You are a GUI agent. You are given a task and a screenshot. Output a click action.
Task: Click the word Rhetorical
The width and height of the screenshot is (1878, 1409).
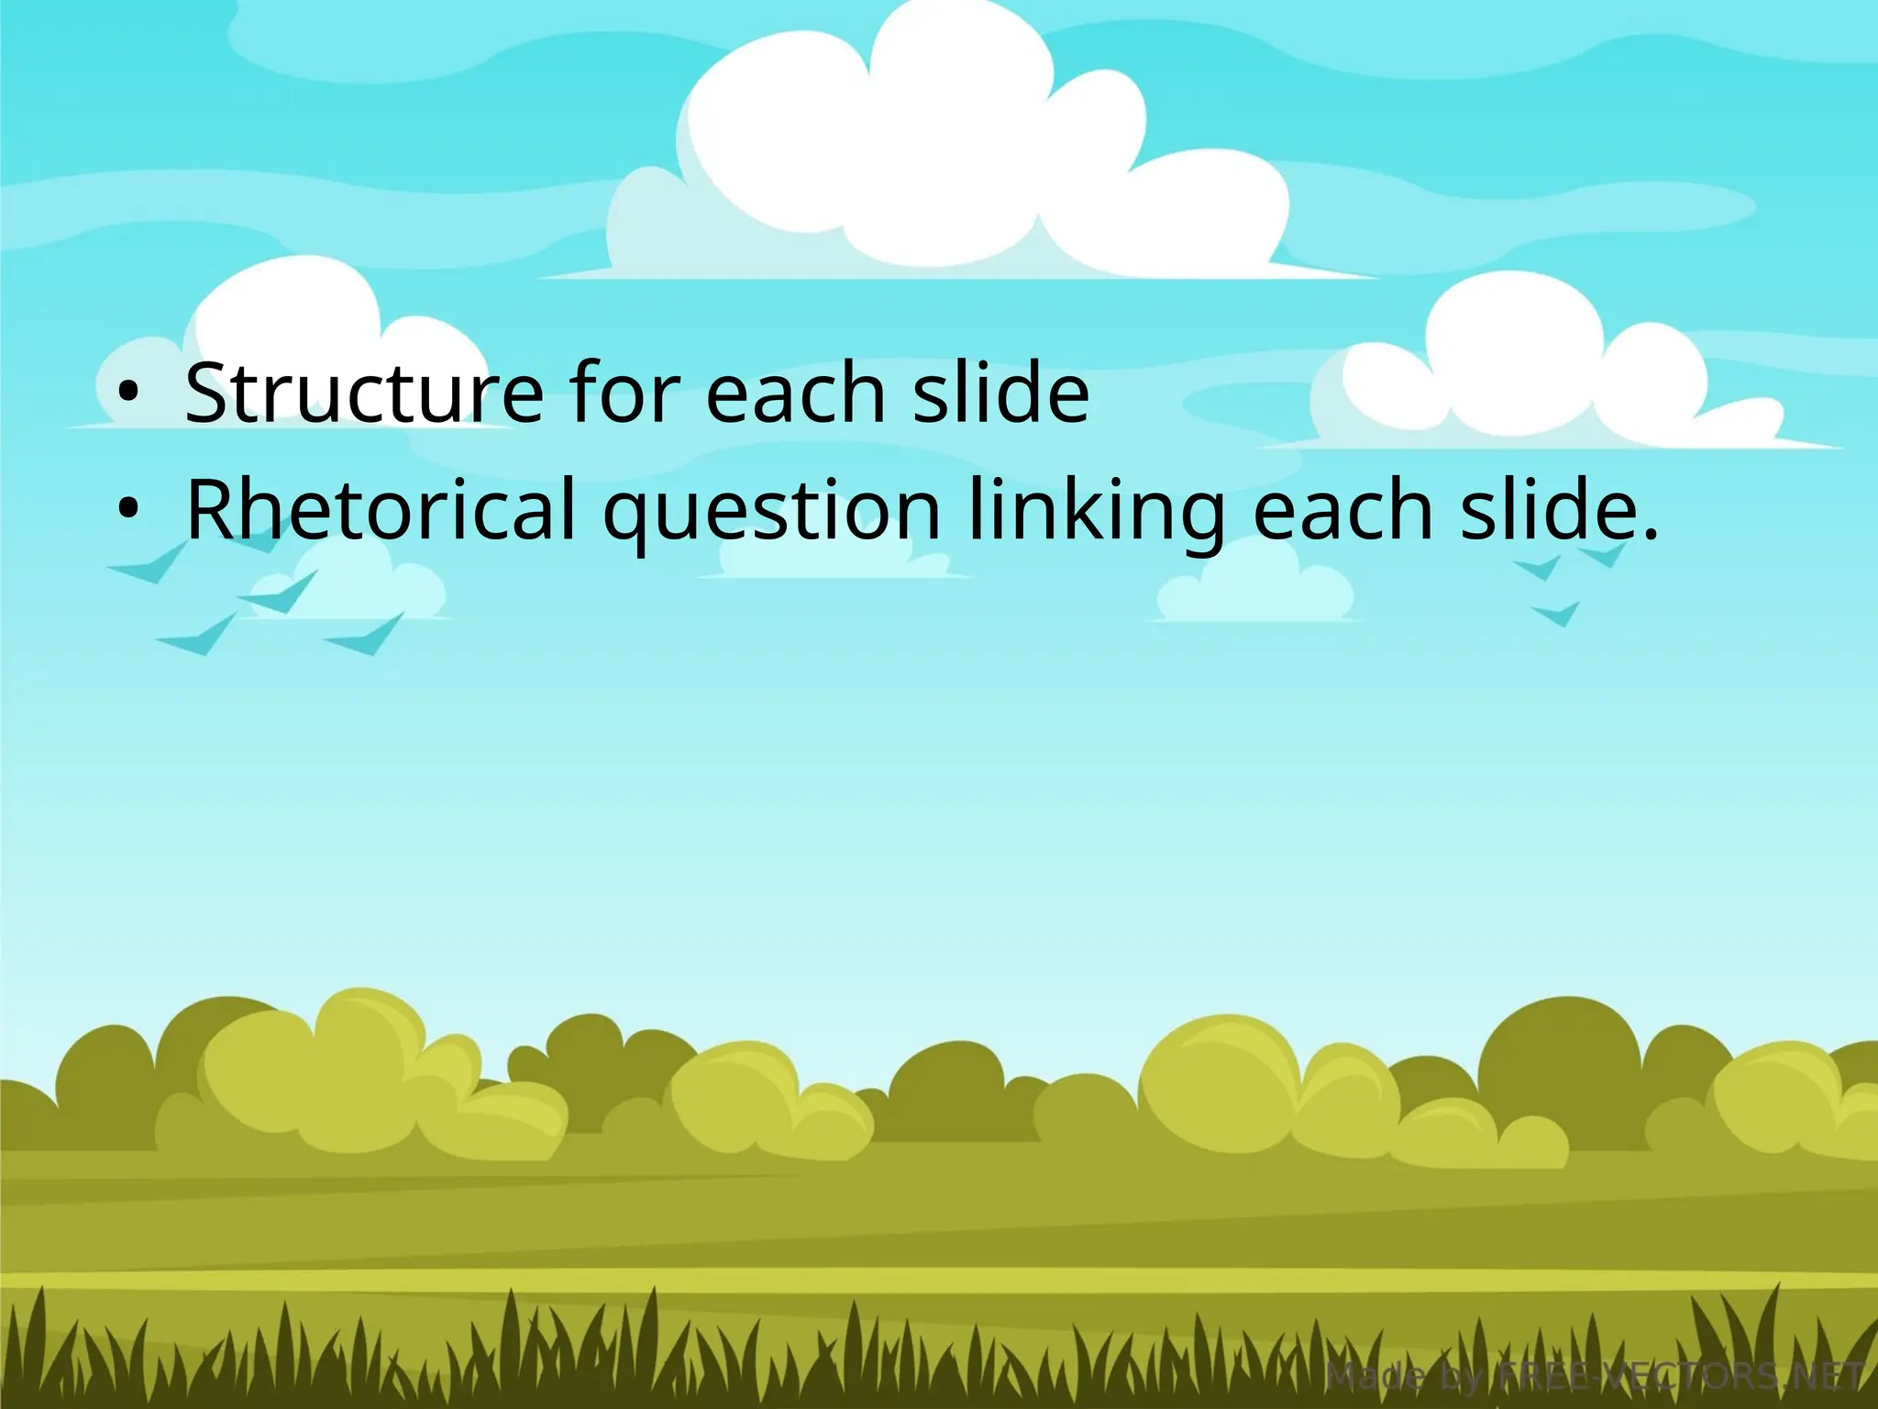coord(381,509)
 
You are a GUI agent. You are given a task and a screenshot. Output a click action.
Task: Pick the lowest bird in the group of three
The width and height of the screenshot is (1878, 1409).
coord(1556,614)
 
